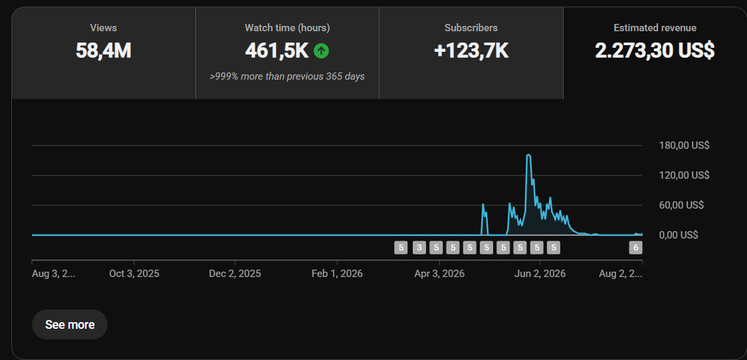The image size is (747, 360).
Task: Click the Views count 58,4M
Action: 104,50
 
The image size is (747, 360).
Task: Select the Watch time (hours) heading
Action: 287,28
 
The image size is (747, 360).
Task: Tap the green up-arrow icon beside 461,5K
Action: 321,50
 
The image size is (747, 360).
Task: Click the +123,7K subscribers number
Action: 471,50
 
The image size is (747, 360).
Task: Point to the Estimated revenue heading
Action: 655,28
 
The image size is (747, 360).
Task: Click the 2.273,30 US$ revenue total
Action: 655,50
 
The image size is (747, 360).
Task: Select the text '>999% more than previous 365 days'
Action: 287,76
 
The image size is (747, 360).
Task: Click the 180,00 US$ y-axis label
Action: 684,145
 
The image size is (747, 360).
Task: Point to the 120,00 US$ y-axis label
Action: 684,175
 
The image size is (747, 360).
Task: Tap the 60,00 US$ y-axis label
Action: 681,205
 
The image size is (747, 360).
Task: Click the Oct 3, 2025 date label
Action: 134,274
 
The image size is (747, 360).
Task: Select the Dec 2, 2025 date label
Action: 235,274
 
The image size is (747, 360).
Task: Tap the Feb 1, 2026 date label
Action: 338,274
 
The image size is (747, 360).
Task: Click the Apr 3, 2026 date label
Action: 440,274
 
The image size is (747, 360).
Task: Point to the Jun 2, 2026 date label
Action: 540,274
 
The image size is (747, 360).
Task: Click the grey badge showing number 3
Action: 419,248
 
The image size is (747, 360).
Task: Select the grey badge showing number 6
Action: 635,248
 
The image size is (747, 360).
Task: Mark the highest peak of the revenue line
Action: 528,155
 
